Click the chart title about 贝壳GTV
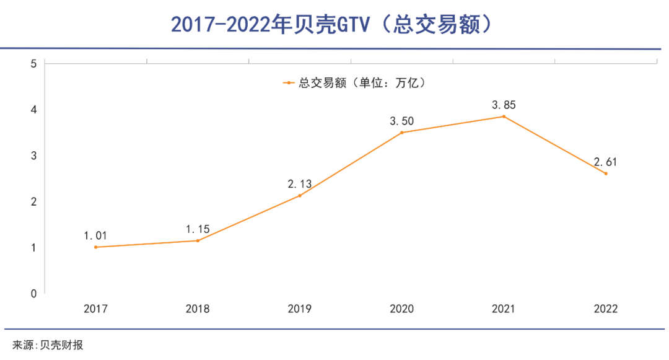pos(334,24)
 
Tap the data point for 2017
pos(95,247)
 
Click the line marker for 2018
pos(198,240)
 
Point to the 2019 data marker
pos(300,196)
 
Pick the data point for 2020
pos(401,133)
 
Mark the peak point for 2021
pos(504,116)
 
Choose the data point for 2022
pos(606,173)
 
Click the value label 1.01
pos(95,235)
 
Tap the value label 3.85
pos(504,105)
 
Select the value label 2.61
pos(606,162)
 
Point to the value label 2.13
pos(300,184)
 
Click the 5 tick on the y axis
pos(33,63)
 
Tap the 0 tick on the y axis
pos(33,293)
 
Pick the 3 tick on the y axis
pos(33,156)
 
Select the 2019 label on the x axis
pos(300,309)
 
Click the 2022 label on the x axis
pos(606,309)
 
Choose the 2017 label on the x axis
pos(95,309)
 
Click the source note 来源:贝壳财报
pos(48,345)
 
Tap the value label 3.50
pos(401,121)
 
